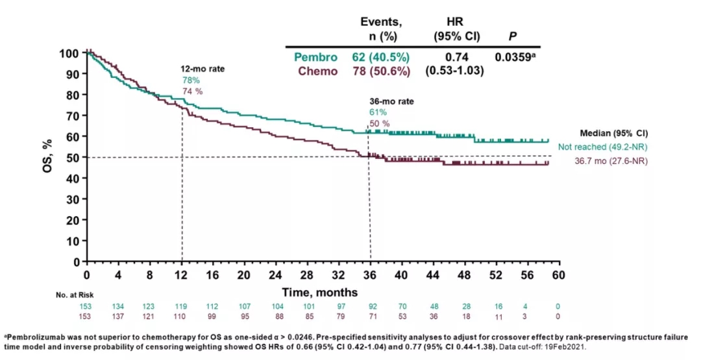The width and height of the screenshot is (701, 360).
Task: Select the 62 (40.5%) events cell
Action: pos(382,57)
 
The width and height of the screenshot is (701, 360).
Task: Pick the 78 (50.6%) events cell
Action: pos(382,71)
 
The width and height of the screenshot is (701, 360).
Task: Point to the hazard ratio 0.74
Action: pos(457,57)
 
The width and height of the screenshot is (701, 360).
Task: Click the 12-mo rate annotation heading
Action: pos(203,68)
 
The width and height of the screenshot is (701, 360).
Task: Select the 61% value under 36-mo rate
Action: pos(378,112)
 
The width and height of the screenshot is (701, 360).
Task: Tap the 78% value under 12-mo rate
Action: pos(190,80)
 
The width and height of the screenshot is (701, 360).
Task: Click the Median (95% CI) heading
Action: pos(615,134)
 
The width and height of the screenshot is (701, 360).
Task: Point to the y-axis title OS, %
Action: pos(50,156)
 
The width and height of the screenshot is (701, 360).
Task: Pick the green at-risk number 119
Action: pos(181,306)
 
